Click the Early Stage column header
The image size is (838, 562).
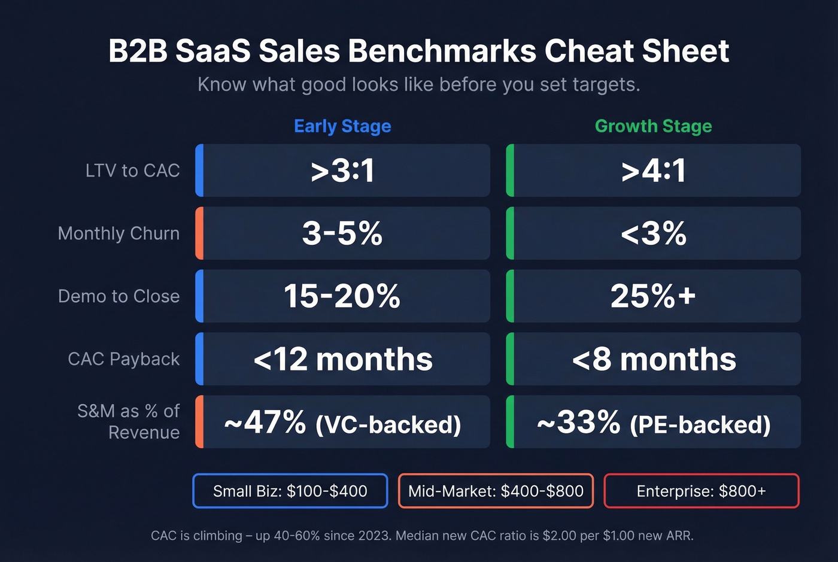click(342, 126)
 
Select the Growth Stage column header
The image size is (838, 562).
click(653, 126)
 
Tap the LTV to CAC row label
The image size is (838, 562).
click(132, 171)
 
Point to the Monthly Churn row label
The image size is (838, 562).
click(119, 233)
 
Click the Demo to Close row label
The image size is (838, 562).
click(119, 296)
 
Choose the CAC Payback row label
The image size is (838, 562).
click(123, 359)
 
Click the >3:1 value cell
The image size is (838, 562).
click(342, 171)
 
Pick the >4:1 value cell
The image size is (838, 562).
click(653, 171)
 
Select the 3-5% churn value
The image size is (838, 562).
click(342, 233)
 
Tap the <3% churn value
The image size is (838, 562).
click(653, 233)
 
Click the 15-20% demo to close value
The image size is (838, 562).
click(342, 296)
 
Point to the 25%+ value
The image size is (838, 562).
click(653, 296)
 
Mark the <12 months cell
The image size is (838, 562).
click(342, 359)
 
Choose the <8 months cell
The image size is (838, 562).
click(653, 359)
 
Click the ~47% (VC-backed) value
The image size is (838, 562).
click(342, 423)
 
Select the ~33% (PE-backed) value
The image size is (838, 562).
click(653, 423)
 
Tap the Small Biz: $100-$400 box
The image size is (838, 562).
click(290, 491)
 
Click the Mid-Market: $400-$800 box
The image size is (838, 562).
click(496, 491)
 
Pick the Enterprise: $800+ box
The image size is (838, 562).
click(701, 491)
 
